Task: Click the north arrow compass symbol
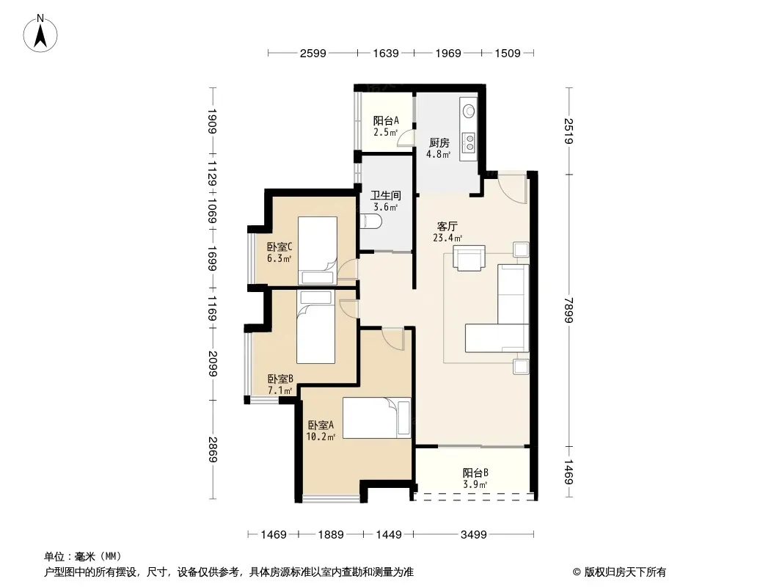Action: [40, 34]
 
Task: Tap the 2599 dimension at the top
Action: [313, 54]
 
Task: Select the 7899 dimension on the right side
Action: [569, 310]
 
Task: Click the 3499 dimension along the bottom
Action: [473, 535]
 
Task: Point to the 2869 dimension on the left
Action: [213, 449]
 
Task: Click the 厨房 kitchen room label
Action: [439, 143]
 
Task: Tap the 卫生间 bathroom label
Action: [386, 195]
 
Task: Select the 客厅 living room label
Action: [447, 227]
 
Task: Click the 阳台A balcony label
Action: [386, 120]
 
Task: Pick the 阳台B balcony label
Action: [475, 473]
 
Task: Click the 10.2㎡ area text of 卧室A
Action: [321, 437]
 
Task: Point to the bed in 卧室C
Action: [317, 250]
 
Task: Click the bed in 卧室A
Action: [377, 418]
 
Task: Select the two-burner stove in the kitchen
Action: [469, 142]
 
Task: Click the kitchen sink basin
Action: [469, 110]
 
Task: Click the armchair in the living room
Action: [469, 258]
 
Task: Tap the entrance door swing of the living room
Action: [512, 188]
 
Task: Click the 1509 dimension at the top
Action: [507, 54]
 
